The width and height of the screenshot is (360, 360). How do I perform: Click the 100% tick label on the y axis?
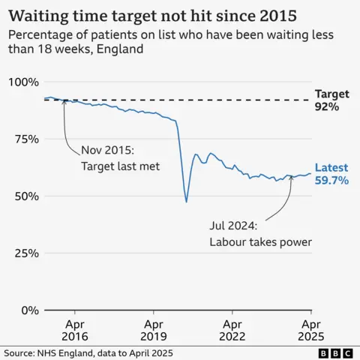click(x=23, y=82)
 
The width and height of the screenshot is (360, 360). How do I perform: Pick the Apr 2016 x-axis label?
click(x=75, y=331)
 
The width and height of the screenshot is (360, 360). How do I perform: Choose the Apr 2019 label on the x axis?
click(x=154, y=331)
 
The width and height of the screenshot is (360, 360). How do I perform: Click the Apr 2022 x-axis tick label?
click(x=232, y=331)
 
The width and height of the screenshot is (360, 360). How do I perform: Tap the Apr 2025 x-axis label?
click(x=311, y=331)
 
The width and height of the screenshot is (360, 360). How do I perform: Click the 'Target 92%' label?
click(x=331, y=100)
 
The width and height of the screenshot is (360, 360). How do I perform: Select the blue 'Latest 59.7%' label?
click(x=331, y=174)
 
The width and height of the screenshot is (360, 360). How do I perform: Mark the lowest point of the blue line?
click(x=186, y=202)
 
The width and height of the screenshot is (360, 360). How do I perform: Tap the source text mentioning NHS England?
click(x=88, y=352)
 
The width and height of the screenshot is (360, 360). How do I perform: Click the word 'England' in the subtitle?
click(x=117, y=49)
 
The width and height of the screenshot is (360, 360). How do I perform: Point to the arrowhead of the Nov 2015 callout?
click(x=64, y=102)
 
